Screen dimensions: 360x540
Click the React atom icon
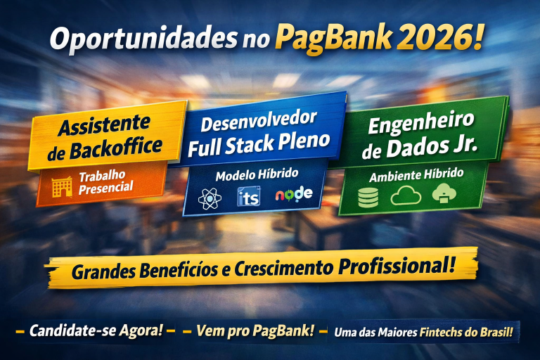(210, 199)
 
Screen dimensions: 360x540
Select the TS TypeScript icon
(250, 196)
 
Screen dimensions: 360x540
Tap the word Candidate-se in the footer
(72, 330)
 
